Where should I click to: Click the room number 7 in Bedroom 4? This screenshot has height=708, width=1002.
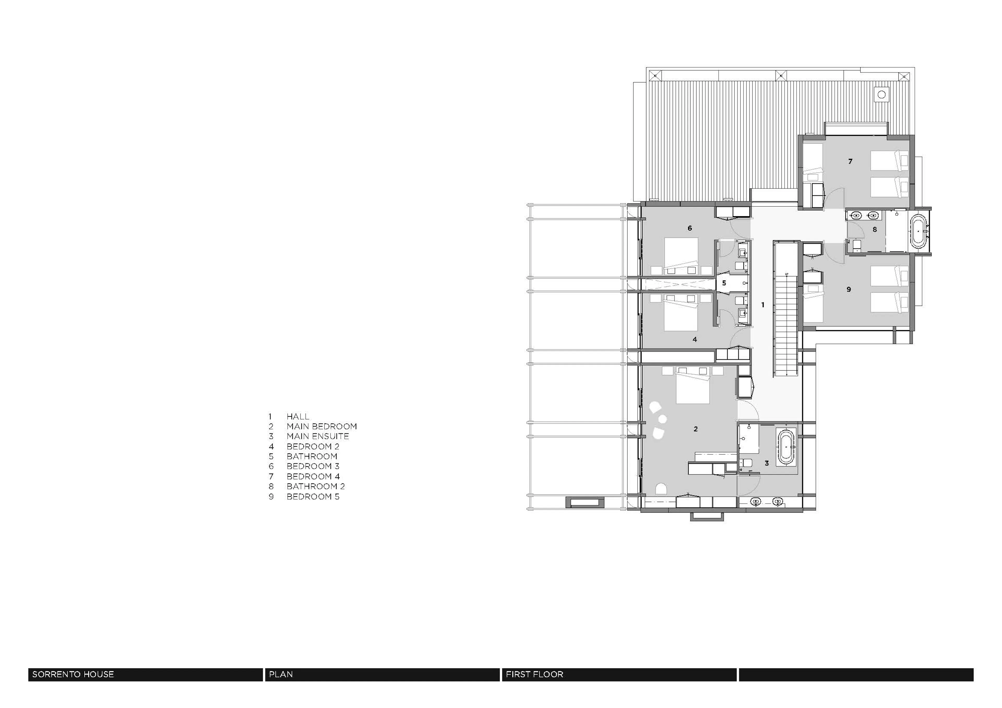pos(850,161)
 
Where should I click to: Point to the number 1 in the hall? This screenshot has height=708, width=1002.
pos(763,305)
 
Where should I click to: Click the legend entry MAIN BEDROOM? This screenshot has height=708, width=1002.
pos(322,426)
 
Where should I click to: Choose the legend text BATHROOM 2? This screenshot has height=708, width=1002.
pos(315,486)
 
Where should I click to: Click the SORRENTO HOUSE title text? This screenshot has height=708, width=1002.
pos(73,674)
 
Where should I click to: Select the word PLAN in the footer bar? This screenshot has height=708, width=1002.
pos(281,674)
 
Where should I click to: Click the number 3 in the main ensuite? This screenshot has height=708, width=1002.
pos(767,463)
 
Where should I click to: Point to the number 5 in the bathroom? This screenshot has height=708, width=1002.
pos(724,283)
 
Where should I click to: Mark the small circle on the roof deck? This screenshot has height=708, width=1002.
pos(881,94)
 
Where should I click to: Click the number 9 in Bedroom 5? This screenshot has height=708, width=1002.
pos(849,289)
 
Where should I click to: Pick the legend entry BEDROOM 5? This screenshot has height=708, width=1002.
pos(313,497)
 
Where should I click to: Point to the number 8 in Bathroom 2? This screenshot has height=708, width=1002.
pos(875,229)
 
